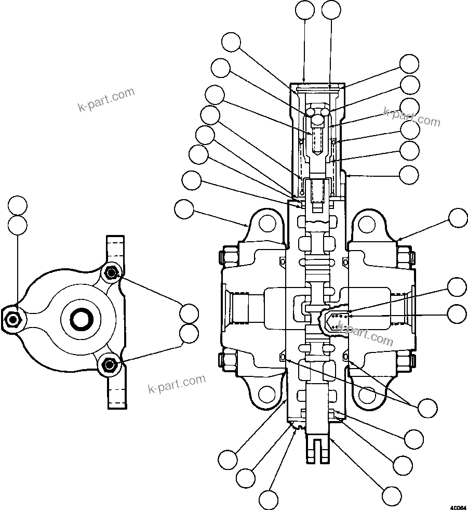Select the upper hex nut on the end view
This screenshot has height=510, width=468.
click(x=110, y=273)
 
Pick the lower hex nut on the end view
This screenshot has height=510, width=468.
click(x=108, y=365)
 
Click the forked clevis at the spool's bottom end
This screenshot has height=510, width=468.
click(x=317, y=447)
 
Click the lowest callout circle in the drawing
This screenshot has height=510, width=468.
click(x=269, y=500)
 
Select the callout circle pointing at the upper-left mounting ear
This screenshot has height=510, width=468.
click(x=184, y=210)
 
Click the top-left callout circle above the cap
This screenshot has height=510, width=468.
click(x=304, y=10)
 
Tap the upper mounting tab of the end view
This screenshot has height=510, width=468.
click(x=116, y=249)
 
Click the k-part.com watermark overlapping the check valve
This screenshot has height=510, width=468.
click(x=365, y=333)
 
